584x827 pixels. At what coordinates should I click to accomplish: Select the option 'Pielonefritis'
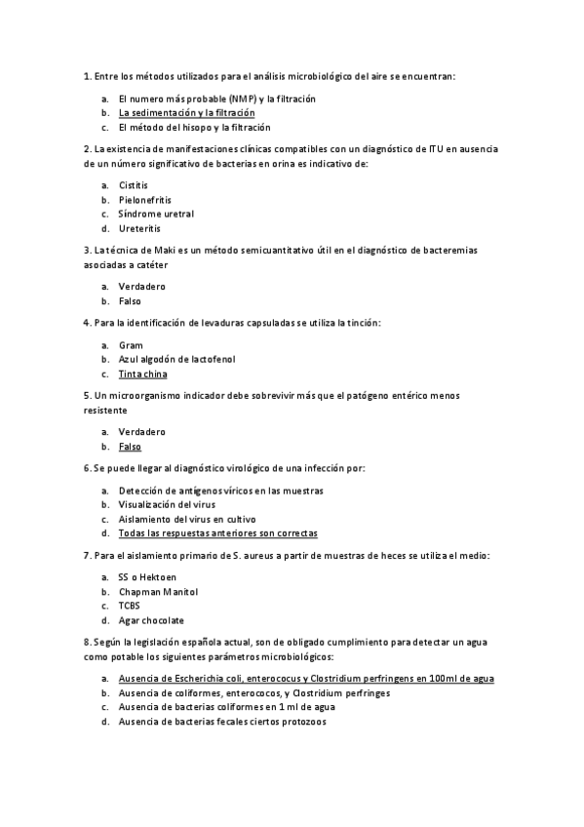[144, 199]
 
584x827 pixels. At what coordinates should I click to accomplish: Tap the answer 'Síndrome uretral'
[156, 214]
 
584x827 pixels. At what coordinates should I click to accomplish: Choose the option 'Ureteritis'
[139, 228]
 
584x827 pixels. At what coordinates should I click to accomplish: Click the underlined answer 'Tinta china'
[142, 374]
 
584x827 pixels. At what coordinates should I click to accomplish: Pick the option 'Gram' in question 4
[130, 345]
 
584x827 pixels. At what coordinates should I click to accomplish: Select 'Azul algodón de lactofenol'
[176, 359]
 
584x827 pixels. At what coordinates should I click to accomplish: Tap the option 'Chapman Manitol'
[158, 591]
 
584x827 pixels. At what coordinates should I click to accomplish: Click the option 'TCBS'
[130, 606]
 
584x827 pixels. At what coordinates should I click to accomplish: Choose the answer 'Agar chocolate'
[151, 620]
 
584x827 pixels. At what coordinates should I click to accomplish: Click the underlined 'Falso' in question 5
[130, 447]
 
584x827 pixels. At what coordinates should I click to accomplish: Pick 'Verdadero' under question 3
[141, 287]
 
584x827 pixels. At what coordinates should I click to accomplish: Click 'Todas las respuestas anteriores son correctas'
[217, 533]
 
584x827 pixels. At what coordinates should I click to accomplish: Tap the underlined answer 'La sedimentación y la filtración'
[186, 113]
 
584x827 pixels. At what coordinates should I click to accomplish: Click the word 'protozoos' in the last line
[303, 722]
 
